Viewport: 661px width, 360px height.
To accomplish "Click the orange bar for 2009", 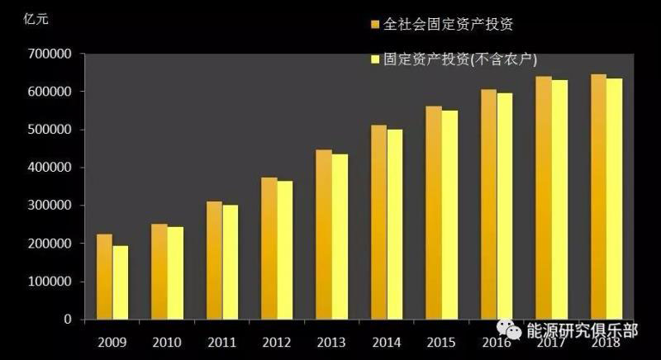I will click(104, 277).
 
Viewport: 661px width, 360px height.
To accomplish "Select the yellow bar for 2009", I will click(121, 282).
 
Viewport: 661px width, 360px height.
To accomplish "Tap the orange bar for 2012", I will click(269, 248).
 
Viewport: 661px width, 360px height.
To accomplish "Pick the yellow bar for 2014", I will click(395, 224).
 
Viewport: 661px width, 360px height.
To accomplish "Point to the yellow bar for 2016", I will click(505, 206).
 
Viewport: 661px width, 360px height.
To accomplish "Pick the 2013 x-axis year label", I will click(331, 341).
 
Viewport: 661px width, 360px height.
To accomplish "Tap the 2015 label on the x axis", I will click(441, 341).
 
